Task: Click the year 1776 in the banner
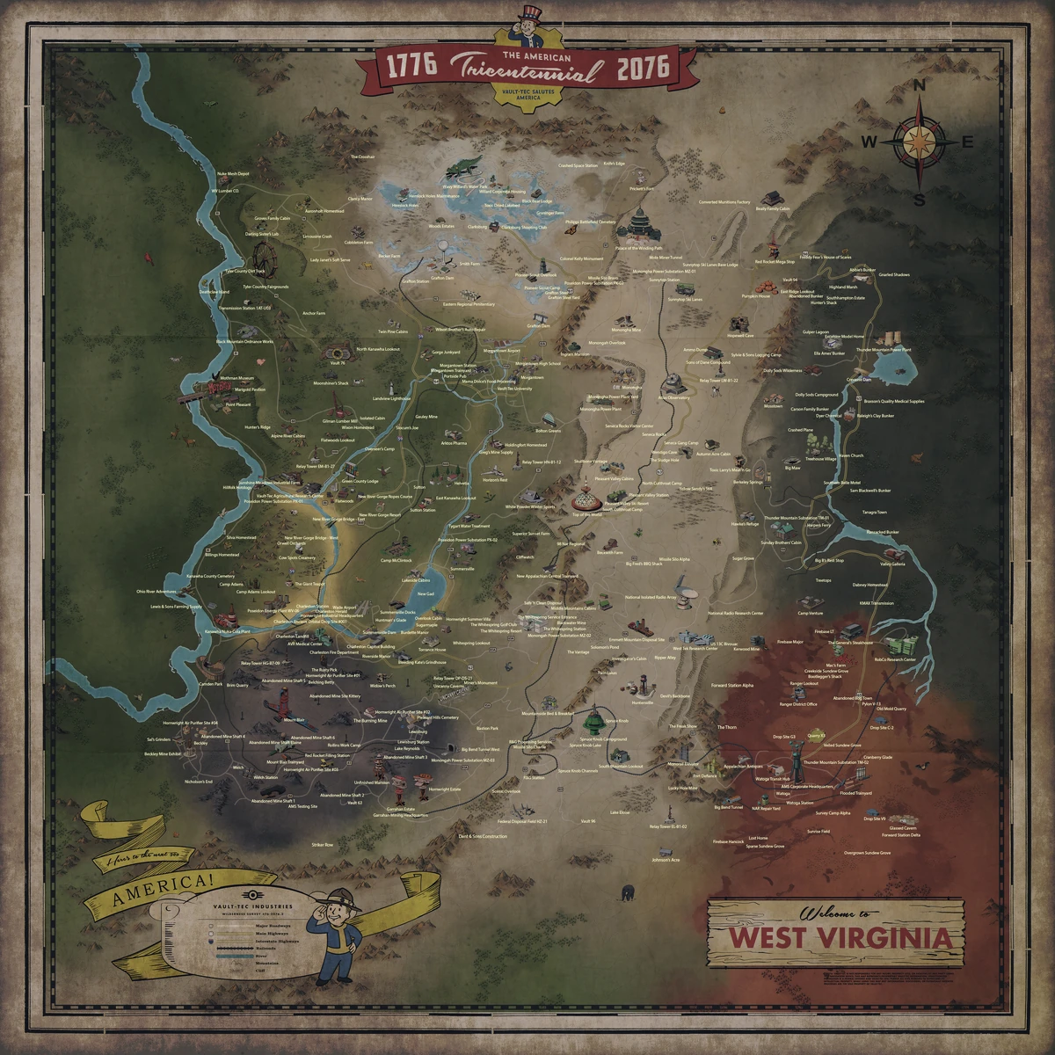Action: coord(407,69)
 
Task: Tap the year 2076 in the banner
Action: coord(643,68)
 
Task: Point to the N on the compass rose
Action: coord(920,86)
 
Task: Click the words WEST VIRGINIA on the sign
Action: coord(840,937)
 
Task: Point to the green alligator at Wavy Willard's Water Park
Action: coord(463,167)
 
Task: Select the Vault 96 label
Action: coord(588,820)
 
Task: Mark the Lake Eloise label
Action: coord(620,813)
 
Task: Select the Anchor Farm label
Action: coord(314,313)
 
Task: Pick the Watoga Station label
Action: coord(799,803)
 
